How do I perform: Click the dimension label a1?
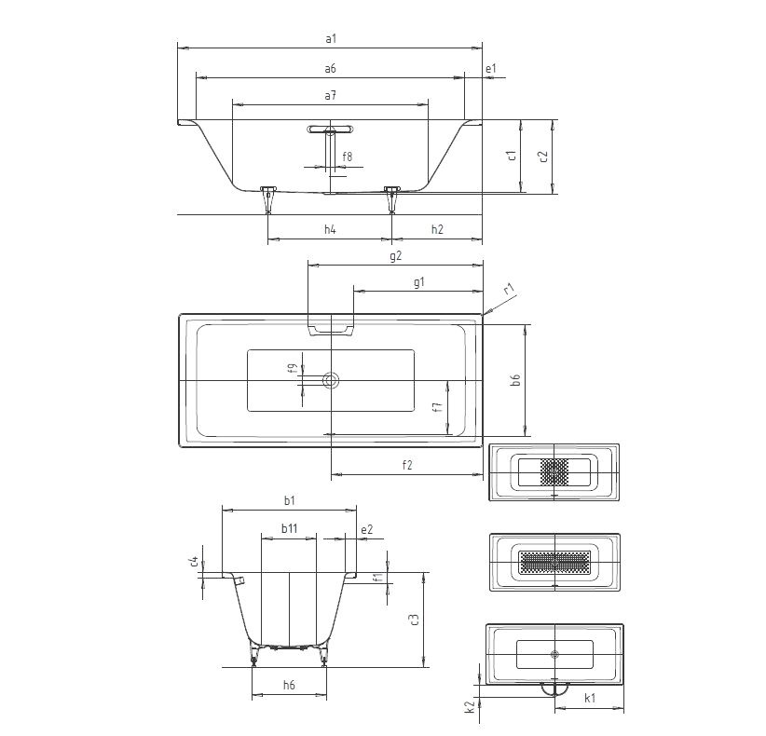(330, 38)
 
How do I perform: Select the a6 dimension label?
(330, 69)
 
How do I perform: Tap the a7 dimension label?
(330, 96)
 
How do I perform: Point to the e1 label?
(491, 69)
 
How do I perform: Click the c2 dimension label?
(543, 156)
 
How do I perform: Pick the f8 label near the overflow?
(347, 156)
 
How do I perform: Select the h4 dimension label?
(330, 229)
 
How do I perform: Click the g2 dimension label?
(394, 254)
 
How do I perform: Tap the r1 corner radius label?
(509, 290)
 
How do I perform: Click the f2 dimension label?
(406, 465)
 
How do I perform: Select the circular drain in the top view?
(331, 380)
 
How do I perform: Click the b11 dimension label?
(290, 527)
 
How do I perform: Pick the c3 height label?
(415, 619)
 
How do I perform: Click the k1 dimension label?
(589, 698)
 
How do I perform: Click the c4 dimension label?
(194, 561)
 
